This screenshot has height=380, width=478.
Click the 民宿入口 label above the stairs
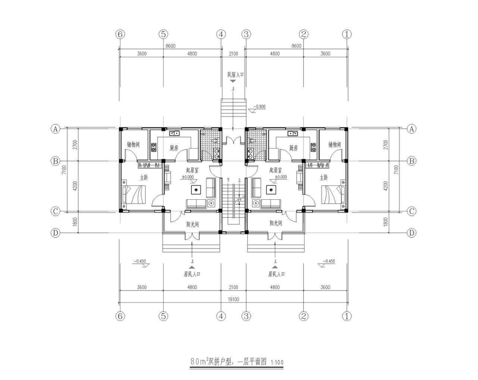coord(235,74)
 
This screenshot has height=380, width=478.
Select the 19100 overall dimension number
coord(234,300)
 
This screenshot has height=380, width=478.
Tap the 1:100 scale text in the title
coord(277,362)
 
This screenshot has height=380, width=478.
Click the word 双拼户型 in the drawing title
coord(220,362)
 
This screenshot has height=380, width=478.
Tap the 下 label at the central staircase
coord(228,180)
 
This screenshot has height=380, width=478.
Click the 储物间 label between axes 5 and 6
coord(133,145)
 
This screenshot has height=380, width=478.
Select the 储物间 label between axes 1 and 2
coord(334,145)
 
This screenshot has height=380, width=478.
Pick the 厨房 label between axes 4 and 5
coord(174,148)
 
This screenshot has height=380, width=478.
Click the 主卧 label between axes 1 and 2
coord(324,177)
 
